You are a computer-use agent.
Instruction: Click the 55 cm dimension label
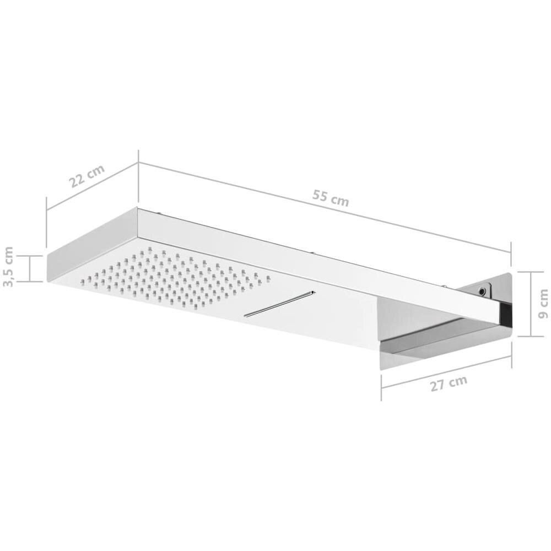(330, 198)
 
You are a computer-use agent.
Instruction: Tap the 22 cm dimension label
(87, 176)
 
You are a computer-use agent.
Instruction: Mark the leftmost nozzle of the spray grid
(82, 281)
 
